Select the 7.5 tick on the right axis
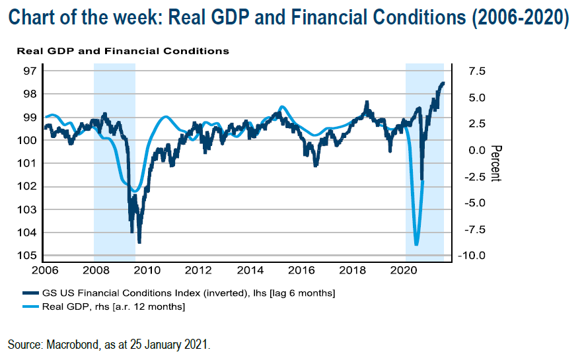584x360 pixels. tap(477, 71)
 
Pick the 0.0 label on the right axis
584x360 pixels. tap(477, 151)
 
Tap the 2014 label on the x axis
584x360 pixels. tap(250, 270)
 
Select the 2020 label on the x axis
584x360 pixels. tap(404, 270)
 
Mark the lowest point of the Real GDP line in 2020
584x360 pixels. tap(416, 245)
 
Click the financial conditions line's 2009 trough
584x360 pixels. tap(139, 242)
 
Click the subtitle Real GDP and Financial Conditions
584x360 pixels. tap(123, 51)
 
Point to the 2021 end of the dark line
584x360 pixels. tap(443, 83)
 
